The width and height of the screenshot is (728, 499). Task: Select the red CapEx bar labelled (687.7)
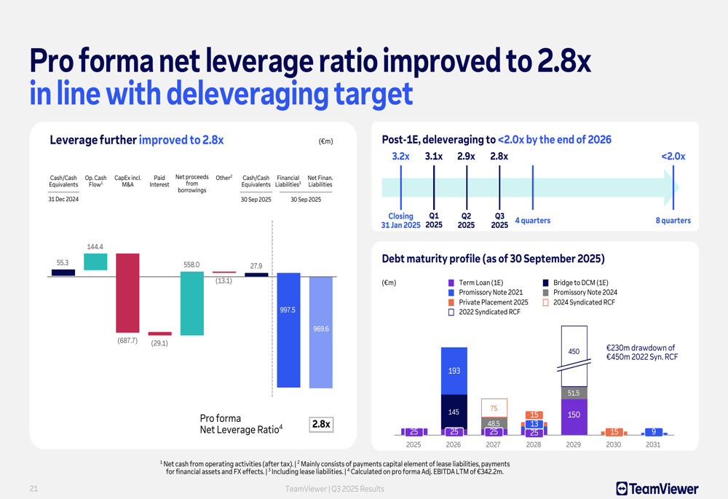[127, 293]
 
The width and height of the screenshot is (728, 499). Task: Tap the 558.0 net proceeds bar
[192, 304]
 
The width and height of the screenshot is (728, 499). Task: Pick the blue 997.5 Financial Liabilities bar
[288, 330]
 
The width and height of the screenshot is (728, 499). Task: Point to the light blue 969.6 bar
[320, 332]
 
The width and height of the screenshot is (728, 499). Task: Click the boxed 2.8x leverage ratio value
[321, 424]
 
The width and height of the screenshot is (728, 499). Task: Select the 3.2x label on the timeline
[400, 156]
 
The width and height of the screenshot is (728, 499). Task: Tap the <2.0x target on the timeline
[673, 156]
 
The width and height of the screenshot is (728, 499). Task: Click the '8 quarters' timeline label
[673, 220]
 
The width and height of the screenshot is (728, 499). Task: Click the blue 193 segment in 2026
[454, 371]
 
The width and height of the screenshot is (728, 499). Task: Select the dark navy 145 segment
[454, 412]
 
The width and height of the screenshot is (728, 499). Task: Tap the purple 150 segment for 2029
[574, 414]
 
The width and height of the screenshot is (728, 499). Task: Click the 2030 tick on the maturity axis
[614, 444]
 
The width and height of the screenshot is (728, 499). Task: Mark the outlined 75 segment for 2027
[494, 408]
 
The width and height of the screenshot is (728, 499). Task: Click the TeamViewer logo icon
[622, 489]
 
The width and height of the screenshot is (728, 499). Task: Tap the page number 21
[33, 489]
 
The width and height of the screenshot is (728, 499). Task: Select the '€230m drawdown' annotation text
[641, 352]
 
